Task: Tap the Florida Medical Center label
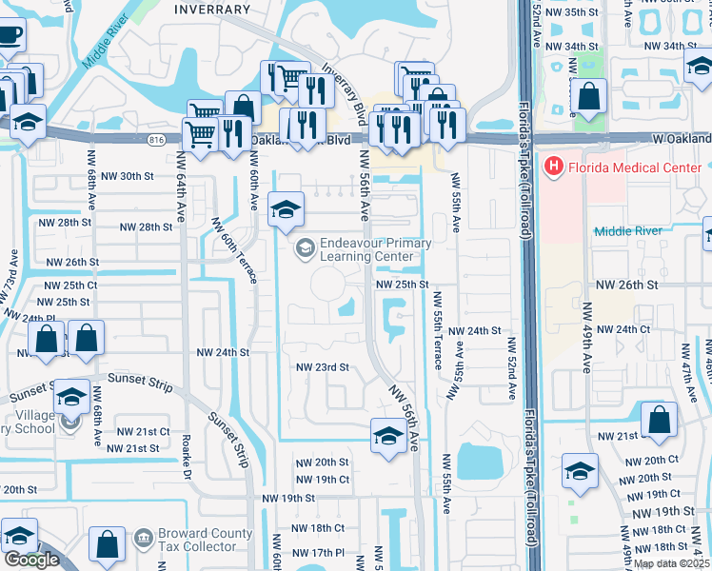635,169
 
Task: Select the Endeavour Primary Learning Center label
366,249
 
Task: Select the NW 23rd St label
323,366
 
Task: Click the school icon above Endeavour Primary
285,209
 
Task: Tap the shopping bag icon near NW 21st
659,420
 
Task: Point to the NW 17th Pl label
316,553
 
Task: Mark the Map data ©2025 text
672,563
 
